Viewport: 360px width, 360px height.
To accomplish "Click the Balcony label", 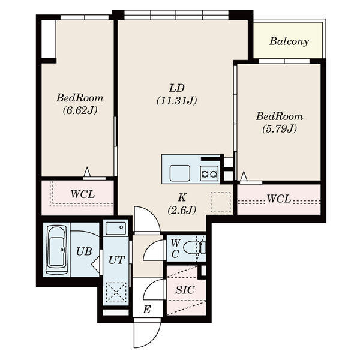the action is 289,41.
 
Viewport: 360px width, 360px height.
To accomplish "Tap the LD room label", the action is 177,88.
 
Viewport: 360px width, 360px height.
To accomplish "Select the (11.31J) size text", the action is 177,101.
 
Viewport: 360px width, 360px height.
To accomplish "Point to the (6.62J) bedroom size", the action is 80,110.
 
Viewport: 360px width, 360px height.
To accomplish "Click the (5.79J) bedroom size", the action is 280,129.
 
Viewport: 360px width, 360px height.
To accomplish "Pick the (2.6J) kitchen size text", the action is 182,210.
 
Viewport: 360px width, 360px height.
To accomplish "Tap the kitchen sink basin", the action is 180,173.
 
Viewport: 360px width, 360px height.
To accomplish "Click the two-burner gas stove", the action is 209,174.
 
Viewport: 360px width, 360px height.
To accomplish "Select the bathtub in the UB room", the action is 57,250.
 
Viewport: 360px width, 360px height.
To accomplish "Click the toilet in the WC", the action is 194,248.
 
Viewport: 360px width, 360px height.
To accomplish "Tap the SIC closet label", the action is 185,290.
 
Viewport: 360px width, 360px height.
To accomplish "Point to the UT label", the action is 116,260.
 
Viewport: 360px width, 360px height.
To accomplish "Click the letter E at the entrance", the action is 147,310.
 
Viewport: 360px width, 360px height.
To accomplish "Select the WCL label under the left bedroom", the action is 83,194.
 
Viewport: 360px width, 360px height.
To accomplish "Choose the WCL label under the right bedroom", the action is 279,199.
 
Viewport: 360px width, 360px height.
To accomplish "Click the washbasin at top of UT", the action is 115,228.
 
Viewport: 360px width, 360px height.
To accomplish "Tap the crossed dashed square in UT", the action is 116,292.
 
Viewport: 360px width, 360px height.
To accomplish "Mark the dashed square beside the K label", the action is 220,202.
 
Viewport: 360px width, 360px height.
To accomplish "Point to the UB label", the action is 84,251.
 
